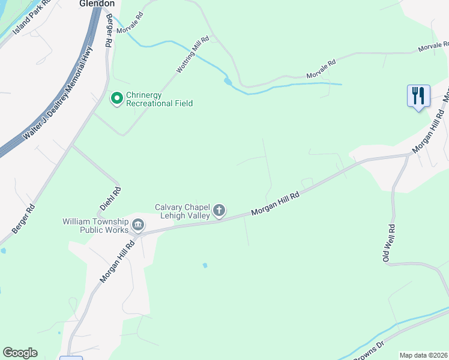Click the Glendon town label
point(97,3)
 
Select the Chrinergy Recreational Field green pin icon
point(117,97)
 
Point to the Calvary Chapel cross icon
point(219,210)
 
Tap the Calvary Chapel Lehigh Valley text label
point(182,211)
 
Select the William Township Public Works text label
point(96,226)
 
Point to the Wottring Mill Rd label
point(193,55)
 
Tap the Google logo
point(20,353)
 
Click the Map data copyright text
point(424,355)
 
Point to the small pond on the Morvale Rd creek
point(228,81)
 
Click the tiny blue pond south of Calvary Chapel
point(205,265)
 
